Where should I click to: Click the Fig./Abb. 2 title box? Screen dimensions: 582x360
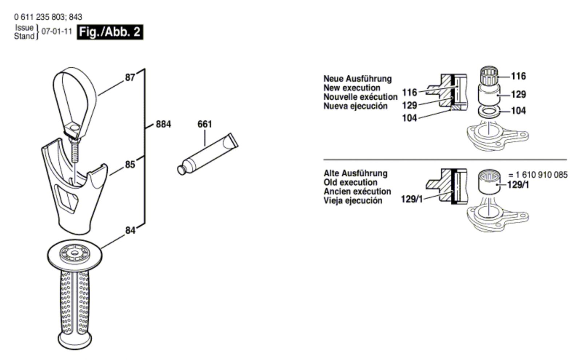point(110,32)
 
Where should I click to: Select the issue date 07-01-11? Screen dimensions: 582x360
point(57,32)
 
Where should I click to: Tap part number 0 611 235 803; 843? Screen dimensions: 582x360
point(48,17)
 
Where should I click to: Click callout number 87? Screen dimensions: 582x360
point(130,78)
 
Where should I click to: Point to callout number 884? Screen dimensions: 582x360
point(163,124)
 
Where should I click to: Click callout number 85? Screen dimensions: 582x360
point(130,165)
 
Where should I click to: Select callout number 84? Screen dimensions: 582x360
point(130,230)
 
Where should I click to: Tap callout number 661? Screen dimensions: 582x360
point(205,124)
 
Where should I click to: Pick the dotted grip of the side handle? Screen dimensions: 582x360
point(75,303)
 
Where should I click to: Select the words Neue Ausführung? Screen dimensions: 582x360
point(358,79)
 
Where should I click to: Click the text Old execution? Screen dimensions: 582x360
point(351,182)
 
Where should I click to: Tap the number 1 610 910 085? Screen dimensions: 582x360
point(542,175)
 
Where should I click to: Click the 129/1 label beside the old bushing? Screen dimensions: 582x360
point(518,185)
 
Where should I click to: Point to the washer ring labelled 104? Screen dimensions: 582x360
point(489,111)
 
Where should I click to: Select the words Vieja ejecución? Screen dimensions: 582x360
point(353,201)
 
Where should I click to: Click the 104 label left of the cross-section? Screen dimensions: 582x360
point(410,118)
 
